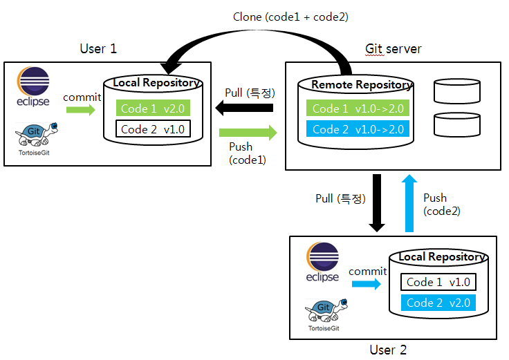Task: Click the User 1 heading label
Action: tap(99, 48)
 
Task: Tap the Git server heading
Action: tap(393, 48)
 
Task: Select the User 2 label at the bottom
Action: tap(388, 350)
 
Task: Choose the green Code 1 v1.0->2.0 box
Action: tap(358, 108)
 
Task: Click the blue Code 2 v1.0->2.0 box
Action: tap(358, 129)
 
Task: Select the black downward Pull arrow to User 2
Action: tap(377, 202)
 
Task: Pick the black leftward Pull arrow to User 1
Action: tap(243, 108)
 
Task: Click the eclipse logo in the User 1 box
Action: tap(33, 87)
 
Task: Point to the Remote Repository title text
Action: tap(362, 85)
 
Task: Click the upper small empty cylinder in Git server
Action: tap(456, 91)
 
